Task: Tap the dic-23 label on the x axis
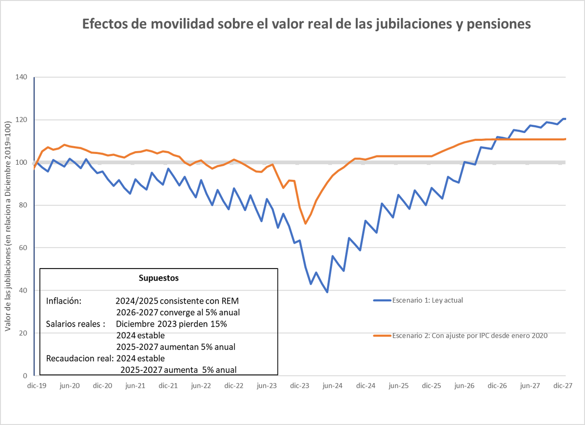click(299, 385)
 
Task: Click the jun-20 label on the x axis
click(69, 385)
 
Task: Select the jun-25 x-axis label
click(398, 385)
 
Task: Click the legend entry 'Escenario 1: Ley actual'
click(427, 300)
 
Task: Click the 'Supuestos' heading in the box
click(159, 278)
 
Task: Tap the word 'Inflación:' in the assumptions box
click(63, 301)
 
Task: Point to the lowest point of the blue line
click(327, 292)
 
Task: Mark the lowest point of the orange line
click(306, 224)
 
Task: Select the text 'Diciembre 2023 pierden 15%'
click(171, 324)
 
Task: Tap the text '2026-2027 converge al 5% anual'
click(178, 312)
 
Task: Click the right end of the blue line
click(565, 118)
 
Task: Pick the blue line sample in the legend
click(382, 300)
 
